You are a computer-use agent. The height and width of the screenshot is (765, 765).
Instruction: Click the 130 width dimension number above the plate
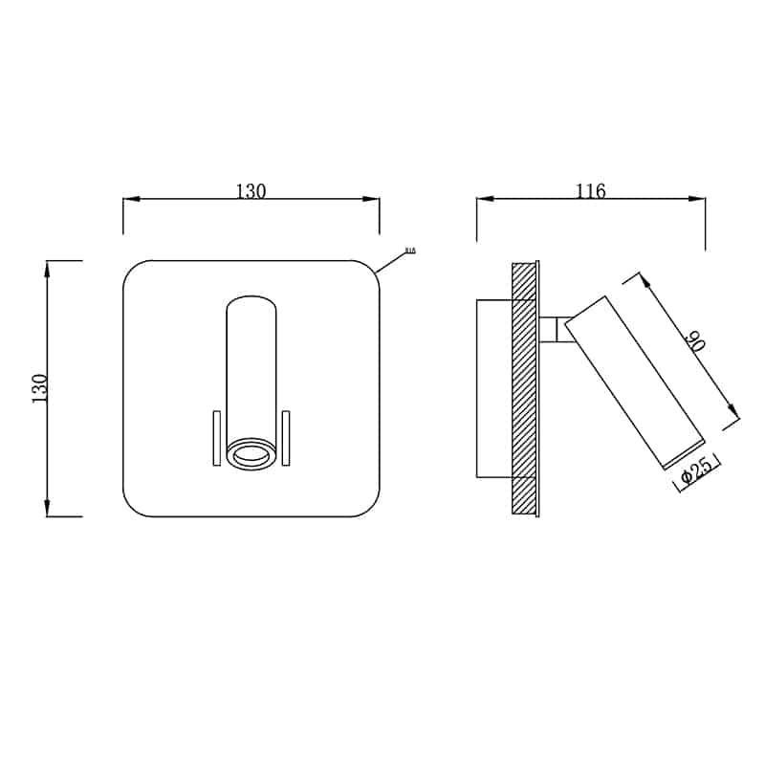(x=251, y=191)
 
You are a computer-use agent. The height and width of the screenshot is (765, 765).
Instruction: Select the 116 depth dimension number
(x=591, y=191)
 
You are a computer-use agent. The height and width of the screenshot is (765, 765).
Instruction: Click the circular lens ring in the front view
(x=251, y=456)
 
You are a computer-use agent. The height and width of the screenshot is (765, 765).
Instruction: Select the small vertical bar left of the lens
(x=217, y=439)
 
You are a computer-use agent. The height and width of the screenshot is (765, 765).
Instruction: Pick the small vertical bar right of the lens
(x=285, y=439)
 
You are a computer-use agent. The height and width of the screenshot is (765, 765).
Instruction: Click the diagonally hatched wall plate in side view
(x=525, y=387)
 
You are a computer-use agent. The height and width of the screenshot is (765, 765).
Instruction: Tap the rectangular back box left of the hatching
(x=494, y=387)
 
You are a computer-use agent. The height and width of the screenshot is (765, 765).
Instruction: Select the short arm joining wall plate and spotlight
(x=551, y=329)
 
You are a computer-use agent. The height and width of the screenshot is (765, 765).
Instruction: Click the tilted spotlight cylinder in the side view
(x=634, y=382)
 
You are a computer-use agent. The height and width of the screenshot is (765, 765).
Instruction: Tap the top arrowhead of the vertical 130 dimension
(x=48, y=269)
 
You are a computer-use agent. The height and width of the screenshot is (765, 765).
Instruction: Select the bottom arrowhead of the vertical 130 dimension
(x=48, y=508)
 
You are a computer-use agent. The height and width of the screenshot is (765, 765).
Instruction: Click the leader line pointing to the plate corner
(x=392, y=262)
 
